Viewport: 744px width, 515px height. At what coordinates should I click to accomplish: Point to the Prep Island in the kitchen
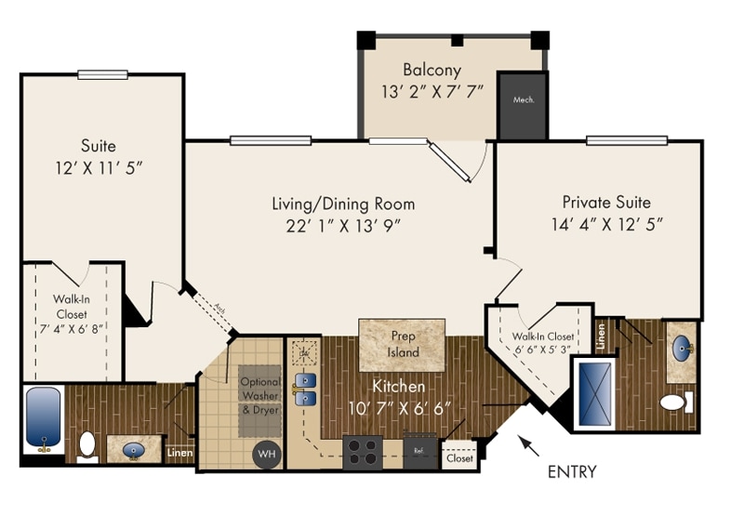point(405,344)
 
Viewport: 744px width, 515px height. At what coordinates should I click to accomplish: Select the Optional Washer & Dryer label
point(259,395)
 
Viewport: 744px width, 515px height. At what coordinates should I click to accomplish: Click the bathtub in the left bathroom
point(43,418)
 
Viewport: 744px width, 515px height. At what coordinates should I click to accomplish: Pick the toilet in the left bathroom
point(86,444)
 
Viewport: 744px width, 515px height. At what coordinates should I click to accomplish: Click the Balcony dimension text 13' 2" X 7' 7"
point(432,92)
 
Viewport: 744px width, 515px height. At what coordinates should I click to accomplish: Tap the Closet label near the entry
point(459,458)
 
